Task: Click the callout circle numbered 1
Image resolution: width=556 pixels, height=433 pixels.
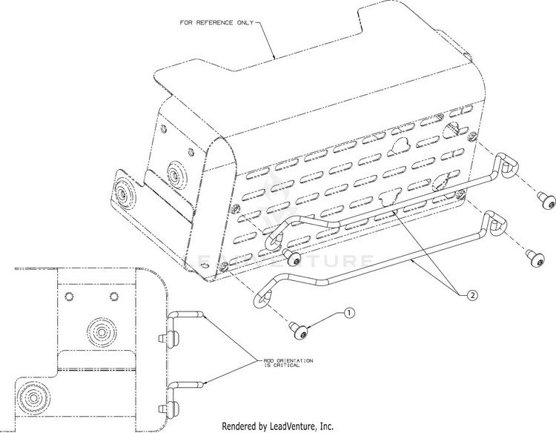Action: (x=349, y=314)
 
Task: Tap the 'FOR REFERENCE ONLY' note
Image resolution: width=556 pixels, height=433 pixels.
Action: (x=216, y=22)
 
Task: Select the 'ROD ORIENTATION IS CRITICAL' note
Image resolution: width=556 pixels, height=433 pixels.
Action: (x=288, y=362)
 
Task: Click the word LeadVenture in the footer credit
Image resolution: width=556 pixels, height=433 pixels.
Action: (x=291, y=426)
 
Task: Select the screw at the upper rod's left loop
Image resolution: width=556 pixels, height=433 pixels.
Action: (x=294, y=258)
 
